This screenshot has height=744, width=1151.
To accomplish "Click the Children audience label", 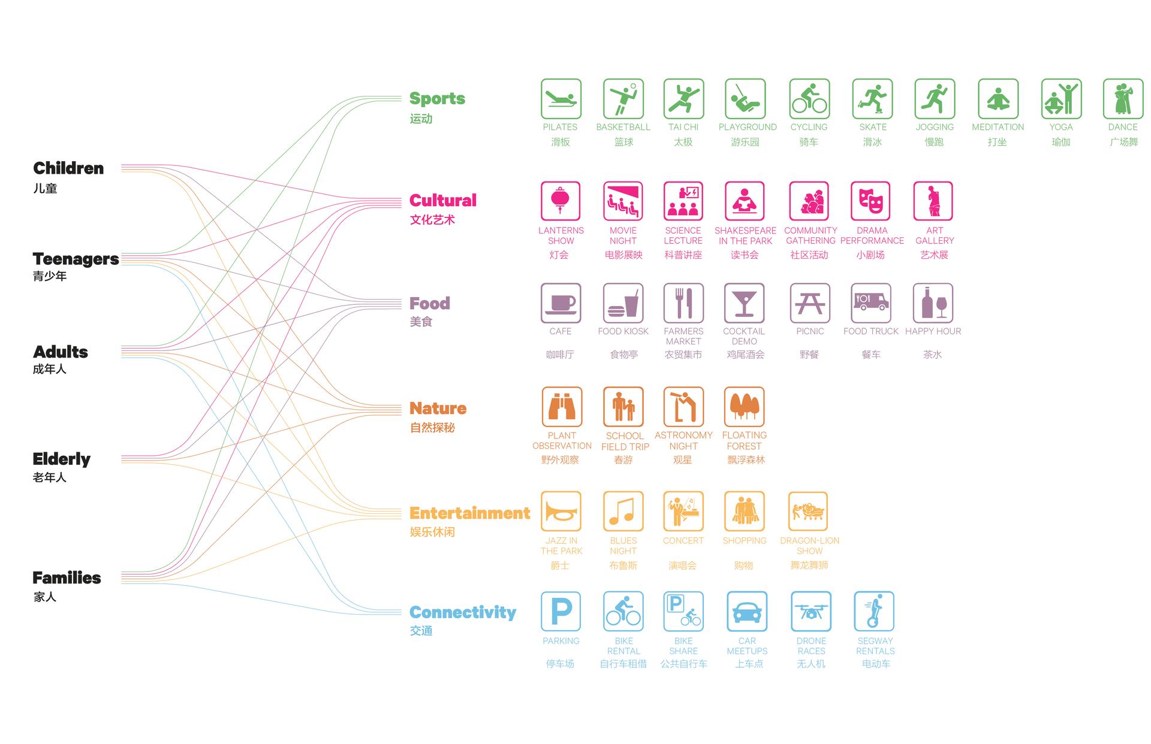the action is tap(68, 168).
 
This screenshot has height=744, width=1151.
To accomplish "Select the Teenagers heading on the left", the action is tap(76, 259).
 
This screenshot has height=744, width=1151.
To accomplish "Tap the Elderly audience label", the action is tap(61, 459).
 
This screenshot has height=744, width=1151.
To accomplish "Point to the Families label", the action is tap(67, 578).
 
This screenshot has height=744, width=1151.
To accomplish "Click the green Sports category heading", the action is tap(437, 99).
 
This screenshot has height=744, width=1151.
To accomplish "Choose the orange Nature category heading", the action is tap(438, 409).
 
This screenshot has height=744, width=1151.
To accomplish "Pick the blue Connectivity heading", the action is tap(463, 612).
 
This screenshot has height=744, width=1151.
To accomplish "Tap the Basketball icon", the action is tap(623, 99).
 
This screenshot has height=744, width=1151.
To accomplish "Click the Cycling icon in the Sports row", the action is tap(810, 99).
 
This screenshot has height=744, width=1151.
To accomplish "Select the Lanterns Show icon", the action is tap(561, 201).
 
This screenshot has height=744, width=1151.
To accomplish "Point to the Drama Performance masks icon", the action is tap(870, 201).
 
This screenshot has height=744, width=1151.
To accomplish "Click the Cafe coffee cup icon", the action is tap(561, 303).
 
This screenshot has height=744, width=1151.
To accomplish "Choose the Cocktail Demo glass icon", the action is tap(744, 303).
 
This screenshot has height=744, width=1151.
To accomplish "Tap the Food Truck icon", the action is tap(870, 303).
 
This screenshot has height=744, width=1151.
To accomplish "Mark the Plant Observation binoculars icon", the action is tap(562, 407).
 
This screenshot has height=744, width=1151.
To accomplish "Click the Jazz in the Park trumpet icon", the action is tap(561, 512).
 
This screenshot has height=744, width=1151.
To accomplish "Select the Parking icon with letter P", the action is tap(561, 612).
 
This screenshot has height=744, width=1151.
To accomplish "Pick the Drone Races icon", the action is tap(811, 612).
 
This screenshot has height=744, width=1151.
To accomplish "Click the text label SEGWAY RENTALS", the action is tap(875, 646).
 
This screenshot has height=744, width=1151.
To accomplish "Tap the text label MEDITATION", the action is tap(998, 127).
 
